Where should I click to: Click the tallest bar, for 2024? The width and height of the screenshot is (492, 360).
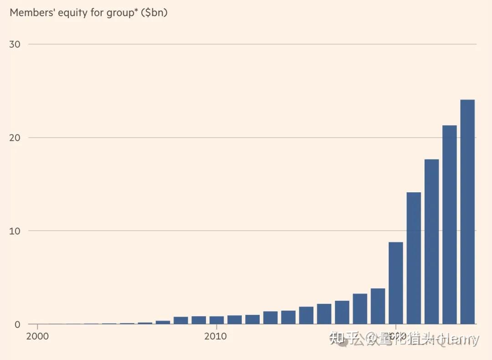click(467, 211)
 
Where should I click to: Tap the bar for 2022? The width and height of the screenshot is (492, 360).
click(431, 242)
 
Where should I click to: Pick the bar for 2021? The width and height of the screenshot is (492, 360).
click(414, 258)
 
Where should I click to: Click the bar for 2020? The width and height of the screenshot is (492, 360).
click(396, 283)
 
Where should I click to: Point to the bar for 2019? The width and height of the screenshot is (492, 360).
click(378, 306)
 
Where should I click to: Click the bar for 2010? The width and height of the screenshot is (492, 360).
click(216, 320)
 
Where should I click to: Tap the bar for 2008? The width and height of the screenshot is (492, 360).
click(181, 320)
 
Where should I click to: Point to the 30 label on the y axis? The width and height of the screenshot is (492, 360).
click(15, 44)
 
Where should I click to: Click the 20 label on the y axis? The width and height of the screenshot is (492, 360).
click(15, 138)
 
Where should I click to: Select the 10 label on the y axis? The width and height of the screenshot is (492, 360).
click(15, 231)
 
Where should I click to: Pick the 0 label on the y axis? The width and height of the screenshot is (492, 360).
click(18, 324)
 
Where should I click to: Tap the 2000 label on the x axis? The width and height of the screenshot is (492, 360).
click(37, 337)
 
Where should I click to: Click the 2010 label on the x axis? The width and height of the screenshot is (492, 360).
click(216, 337)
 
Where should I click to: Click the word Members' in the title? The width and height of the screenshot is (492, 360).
click(30, 12)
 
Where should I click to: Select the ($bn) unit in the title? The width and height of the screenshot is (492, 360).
click(154, 12)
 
